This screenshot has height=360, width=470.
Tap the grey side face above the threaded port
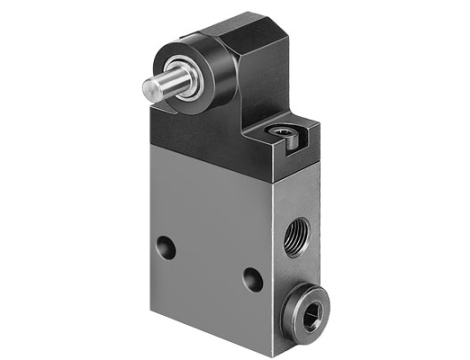295,195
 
